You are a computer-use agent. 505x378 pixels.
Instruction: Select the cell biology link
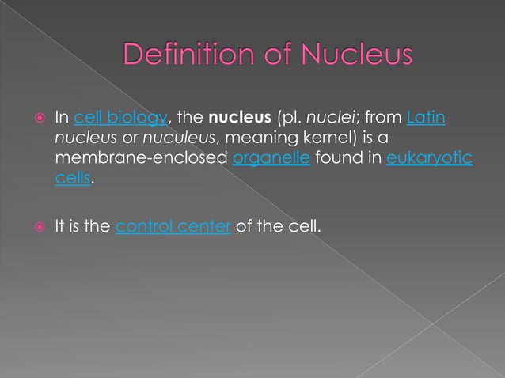pyautogui.click(x=120, y=119)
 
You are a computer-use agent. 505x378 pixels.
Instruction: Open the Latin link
pyautogui.click(x=426, y=119)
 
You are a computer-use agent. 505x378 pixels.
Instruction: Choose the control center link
pyautogui.click(x=173, y=227)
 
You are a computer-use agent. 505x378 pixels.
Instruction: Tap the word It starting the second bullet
pyautogui.click(x=60, y=227)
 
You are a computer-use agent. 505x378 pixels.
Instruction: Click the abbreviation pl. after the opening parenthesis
pyautogui.click(x=290, y=119)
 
